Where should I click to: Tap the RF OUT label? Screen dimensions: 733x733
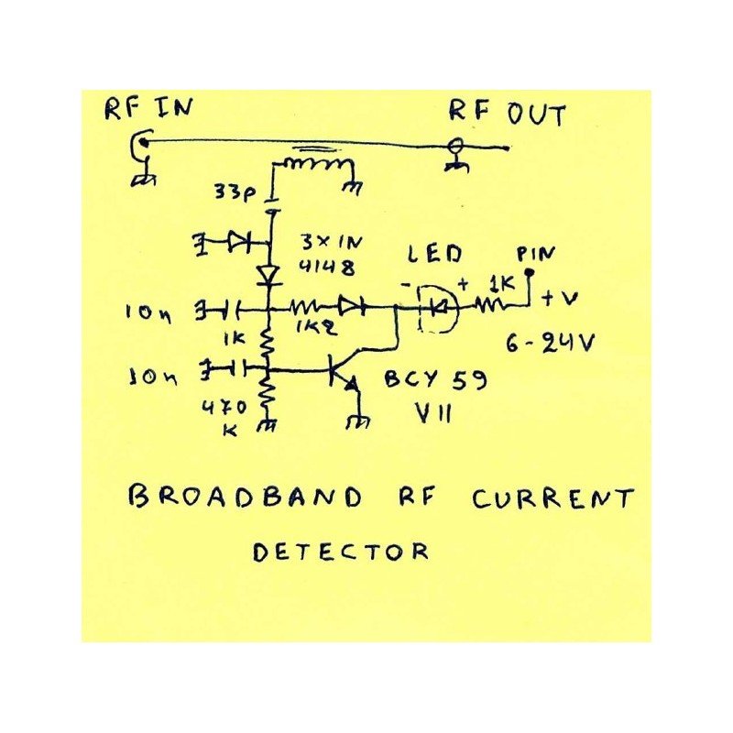[507, 113]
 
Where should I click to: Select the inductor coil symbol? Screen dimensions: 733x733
[316, 167]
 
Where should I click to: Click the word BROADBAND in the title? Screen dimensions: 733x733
[245, 498]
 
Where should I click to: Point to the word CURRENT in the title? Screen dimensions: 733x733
[552, 499]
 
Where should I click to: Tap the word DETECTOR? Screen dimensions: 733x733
[341, 552]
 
